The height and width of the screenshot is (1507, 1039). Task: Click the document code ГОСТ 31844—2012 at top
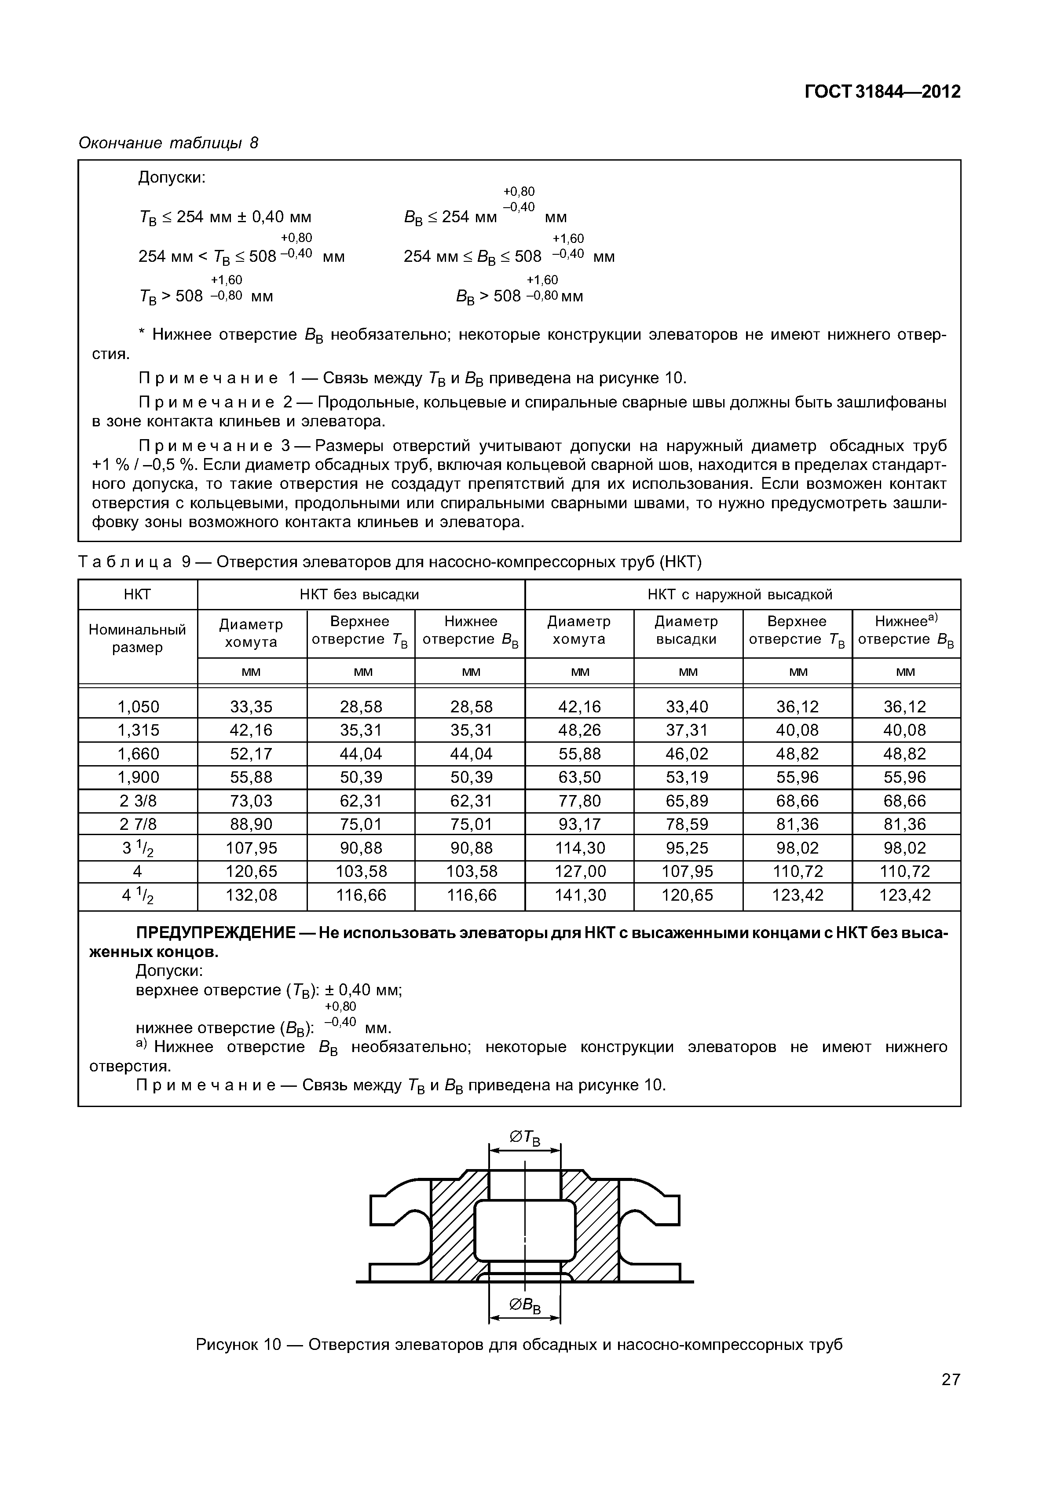882,92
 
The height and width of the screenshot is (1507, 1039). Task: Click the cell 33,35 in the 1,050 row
251,707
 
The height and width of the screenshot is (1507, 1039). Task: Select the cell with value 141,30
579,895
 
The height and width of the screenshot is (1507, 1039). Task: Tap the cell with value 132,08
251,895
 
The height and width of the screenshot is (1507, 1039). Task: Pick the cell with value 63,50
579,777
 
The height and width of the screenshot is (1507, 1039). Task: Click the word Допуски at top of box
171,177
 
